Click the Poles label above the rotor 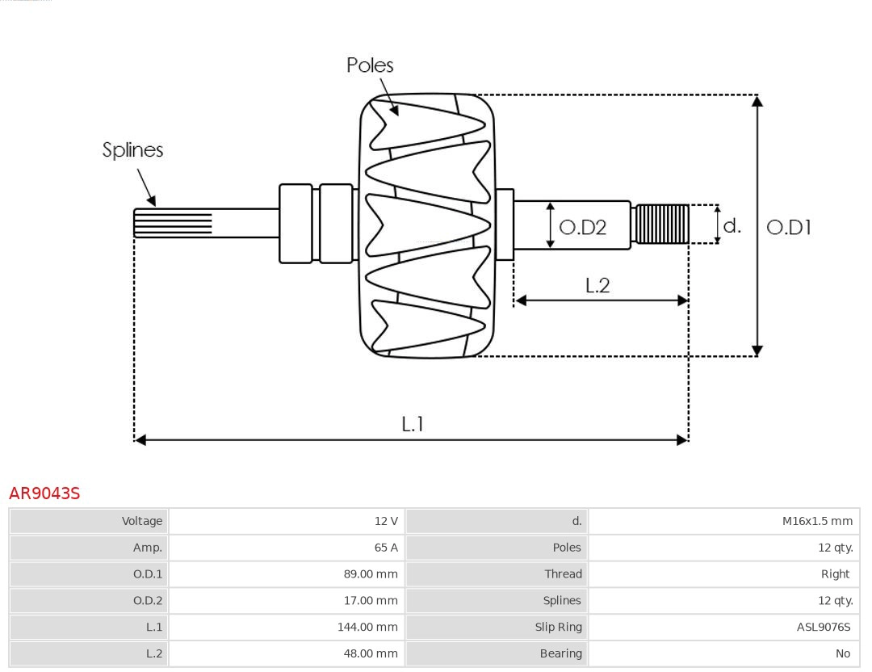pos(370,65)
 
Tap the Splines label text pos(132,150)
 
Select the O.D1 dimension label pos(788,228)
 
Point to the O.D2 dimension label pos(582,228)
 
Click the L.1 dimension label pos(413,424)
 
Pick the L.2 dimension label pos(597,285)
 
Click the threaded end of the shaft pos(661,225)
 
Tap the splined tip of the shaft pos(172,223)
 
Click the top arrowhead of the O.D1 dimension pos(757,101)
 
